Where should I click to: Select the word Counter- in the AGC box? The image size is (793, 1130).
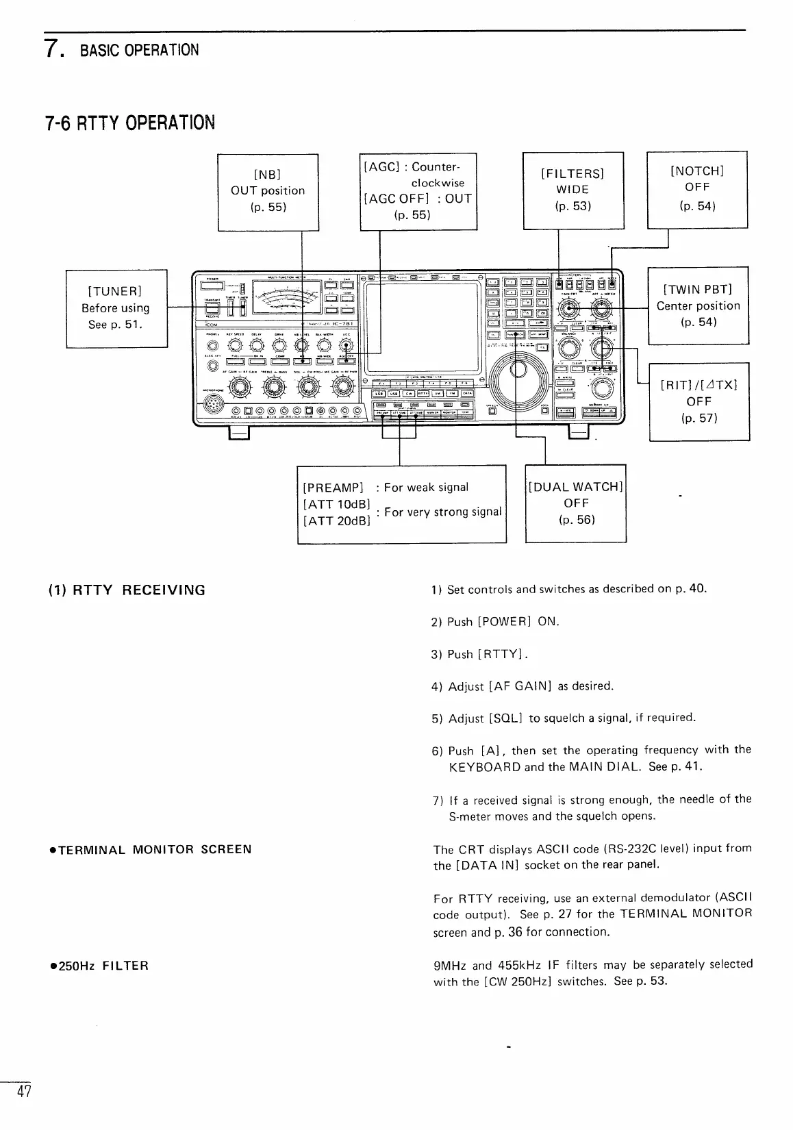click(x=438, y=167)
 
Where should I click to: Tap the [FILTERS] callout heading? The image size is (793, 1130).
click(x=572, y=173)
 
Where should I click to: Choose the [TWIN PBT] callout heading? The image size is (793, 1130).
click(x=698, y=289)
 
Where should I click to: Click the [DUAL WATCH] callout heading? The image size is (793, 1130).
click(x=575, y=487)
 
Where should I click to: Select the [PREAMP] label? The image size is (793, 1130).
click(x=333, y=488)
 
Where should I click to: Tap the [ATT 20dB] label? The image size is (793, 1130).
click(x=336, y=520)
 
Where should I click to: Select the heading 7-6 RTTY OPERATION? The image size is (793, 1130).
click(x=130, y=123)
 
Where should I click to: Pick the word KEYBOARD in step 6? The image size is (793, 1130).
click(x=485, y=767)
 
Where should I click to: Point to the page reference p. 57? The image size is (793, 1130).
click(x=698, y=418)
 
